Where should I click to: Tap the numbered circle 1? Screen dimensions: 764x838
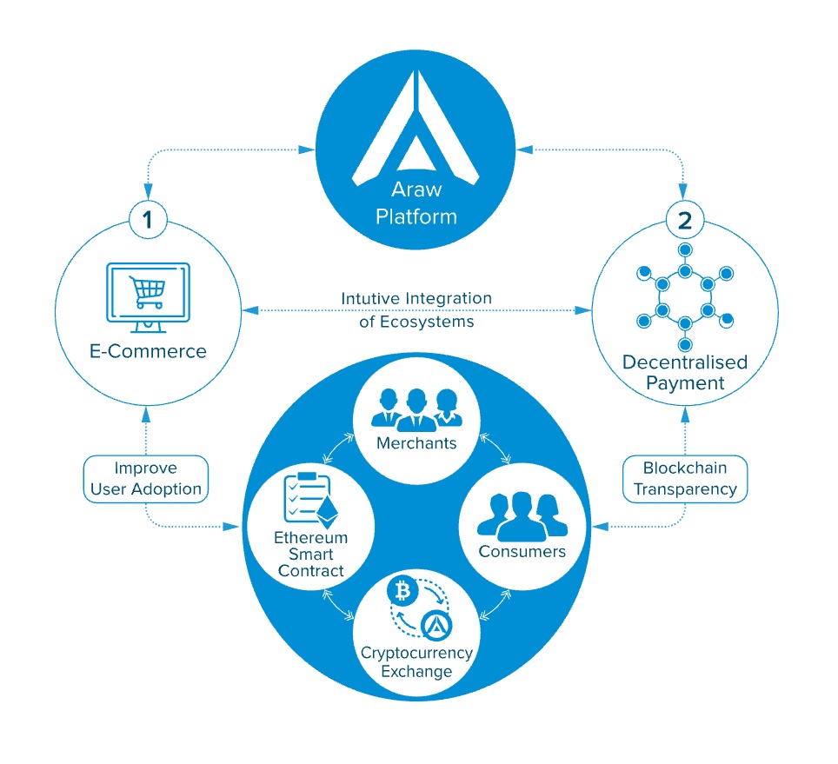(149, 221)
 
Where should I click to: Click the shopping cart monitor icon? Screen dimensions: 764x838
(148, 293)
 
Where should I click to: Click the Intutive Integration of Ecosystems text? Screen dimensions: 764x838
(417, 309)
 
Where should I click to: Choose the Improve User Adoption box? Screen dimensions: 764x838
(146, 478)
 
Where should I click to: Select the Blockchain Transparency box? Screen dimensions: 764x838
(684, 478)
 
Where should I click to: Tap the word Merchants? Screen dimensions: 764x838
(416, 443)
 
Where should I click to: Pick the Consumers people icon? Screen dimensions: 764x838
(522, 515)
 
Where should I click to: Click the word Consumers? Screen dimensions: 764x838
(522, 552)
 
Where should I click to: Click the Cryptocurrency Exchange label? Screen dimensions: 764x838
(416, 661)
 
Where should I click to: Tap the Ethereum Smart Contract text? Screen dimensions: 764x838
(310, 554)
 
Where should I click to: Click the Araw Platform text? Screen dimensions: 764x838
(416, 203)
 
